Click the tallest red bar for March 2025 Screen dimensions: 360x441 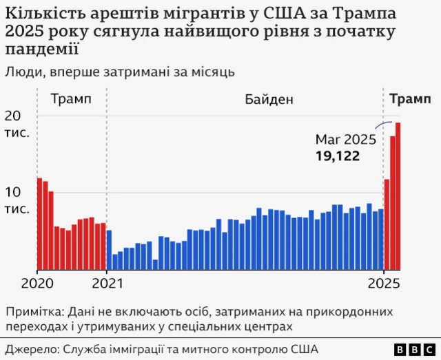coord(398,195)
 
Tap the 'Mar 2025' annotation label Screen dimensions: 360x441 coord(345,140)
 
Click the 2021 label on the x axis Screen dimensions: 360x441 coord(107,283)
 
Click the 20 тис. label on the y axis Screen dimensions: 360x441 coord(17,123)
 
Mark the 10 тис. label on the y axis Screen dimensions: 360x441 coord(17,200)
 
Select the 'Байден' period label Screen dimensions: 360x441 coord(269,100)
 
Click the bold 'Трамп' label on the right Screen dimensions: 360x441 coord(411,100)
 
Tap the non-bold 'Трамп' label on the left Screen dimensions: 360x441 coord(70,100)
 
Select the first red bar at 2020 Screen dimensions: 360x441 coord(39,224)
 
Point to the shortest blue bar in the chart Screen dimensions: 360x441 coord(155,264)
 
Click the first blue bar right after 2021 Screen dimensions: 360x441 coord(109,249)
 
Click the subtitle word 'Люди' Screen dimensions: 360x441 coord(22,72)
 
